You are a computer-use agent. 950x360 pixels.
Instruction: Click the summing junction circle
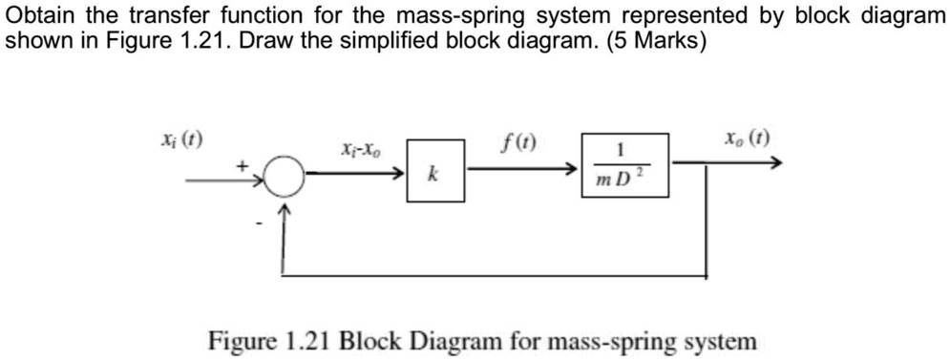284,176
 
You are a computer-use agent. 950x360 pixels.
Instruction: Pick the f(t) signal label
517,145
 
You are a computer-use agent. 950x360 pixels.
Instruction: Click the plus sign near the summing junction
243,166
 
